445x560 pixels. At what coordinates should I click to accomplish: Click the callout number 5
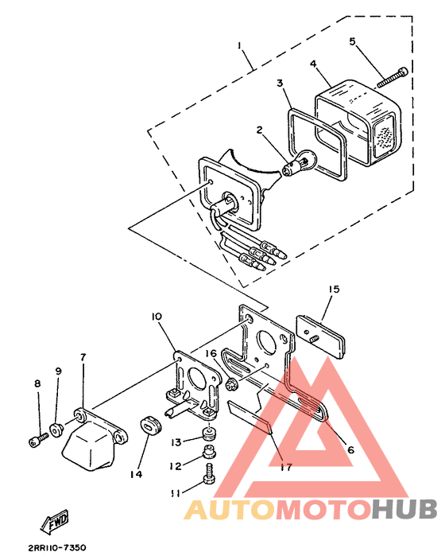352,41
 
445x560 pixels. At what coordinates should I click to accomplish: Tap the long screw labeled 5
393,77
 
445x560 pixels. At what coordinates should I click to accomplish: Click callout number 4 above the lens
313,64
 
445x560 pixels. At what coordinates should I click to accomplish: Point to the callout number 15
334,290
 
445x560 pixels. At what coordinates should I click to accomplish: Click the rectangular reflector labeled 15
321,336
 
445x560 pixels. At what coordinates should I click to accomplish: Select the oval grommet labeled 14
150,427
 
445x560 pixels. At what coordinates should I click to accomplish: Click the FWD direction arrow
53,522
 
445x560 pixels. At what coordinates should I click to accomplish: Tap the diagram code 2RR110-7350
57,547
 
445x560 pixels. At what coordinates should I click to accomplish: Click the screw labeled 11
208,473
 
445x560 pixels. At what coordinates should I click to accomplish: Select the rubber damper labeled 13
208,434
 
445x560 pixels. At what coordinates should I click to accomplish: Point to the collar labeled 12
208,452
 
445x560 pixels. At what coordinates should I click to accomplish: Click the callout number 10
157,317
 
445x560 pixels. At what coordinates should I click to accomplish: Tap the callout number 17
286,467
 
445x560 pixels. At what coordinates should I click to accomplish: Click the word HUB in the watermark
404,509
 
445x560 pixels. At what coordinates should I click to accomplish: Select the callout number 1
239,45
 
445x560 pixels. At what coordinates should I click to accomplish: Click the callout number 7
83,357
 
